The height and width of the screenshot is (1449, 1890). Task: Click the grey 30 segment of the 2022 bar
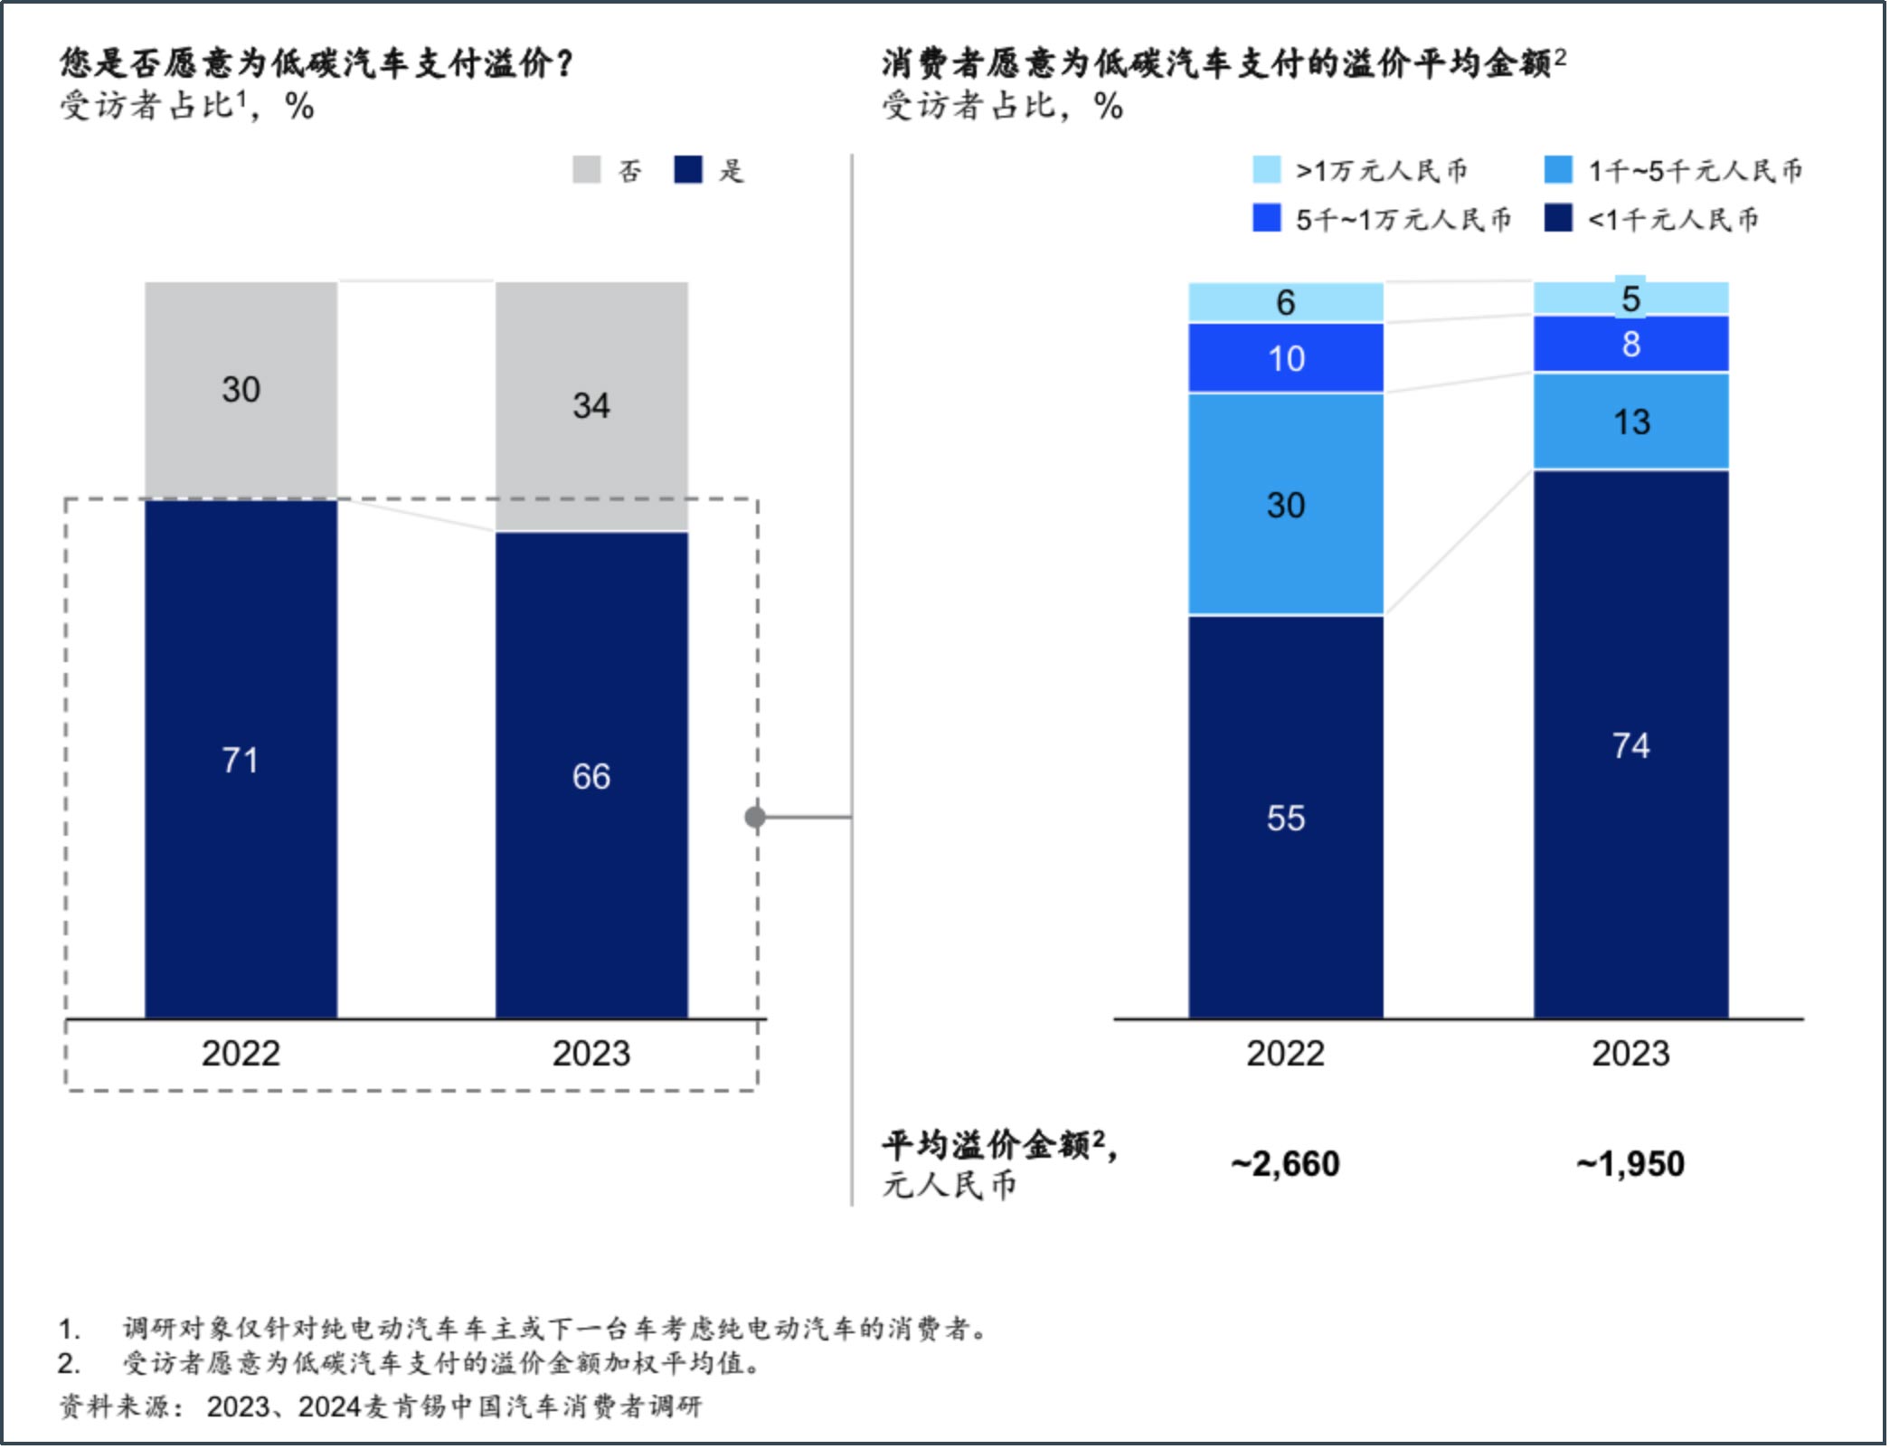(x=241, y=390)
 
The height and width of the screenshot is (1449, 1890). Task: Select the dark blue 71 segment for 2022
(x=241, y=760)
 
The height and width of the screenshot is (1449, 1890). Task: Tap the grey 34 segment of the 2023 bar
(x=591, y=405)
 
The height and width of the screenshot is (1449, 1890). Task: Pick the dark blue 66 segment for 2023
(x=591, y=776)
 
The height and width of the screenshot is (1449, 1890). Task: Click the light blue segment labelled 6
(x=1285, y=302)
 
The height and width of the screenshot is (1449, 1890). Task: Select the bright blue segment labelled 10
(x=1285, y=358)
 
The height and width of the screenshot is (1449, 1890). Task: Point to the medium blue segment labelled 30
(x=1285, y=505)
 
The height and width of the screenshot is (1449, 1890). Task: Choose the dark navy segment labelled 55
(x=1285, y=818)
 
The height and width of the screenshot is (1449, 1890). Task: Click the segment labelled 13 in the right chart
(x=1631, y=421)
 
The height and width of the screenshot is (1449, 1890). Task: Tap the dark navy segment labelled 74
(x=1631, y=745)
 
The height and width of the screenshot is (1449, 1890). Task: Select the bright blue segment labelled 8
(x=1631, y=344)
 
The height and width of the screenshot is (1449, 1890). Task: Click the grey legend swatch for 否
(x=586, y=170)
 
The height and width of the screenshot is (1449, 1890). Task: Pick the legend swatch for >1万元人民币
(x=1266, y=170)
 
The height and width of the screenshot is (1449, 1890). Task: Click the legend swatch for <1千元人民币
(x=1558, y=218)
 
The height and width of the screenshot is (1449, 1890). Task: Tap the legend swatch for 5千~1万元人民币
(x=1266, y=218)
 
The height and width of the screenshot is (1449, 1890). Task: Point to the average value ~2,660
(x=1285, y=1163)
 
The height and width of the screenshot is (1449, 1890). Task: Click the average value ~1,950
(x=1630, y=1163)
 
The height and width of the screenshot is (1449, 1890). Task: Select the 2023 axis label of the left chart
(x=591, y=1054)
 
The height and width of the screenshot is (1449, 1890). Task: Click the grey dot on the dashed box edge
(x=755, y=818)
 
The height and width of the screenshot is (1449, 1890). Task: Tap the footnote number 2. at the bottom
(x=70, y=1363)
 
